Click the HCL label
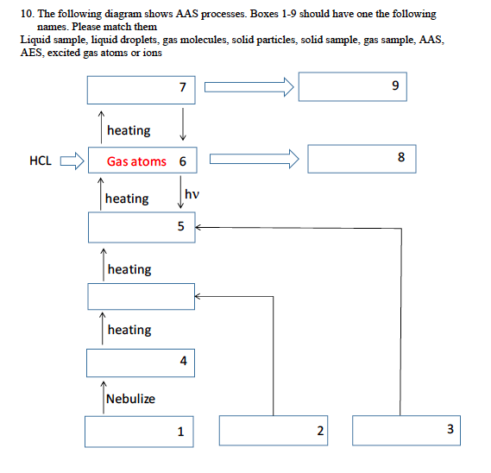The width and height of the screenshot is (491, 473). [41, 161]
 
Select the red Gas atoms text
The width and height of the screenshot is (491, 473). [136, 161]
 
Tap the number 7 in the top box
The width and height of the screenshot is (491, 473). [181, 87]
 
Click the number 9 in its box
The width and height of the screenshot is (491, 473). [394, 86]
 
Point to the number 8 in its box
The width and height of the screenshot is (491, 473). [401, 158]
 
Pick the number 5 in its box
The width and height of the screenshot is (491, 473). [180, 227]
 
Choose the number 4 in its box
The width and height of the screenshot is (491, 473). [183, 362]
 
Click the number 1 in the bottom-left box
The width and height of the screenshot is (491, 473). [180, 432]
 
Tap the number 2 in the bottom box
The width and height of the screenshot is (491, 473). [319, 431]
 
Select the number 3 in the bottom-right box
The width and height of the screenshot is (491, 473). [450, 430]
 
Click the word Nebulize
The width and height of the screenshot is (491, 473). [129, 398]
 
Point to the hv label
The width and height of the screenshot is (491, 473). [192, 195]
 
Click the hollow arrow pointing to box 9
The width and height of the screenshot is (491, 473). [249, 86]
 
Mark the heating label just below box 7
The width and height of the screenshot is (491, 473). [129, 130]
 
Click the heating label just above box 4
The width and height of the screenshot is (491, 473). [129, 330]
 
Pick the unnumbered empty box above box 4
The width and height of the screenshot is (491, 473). [141, 296]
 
